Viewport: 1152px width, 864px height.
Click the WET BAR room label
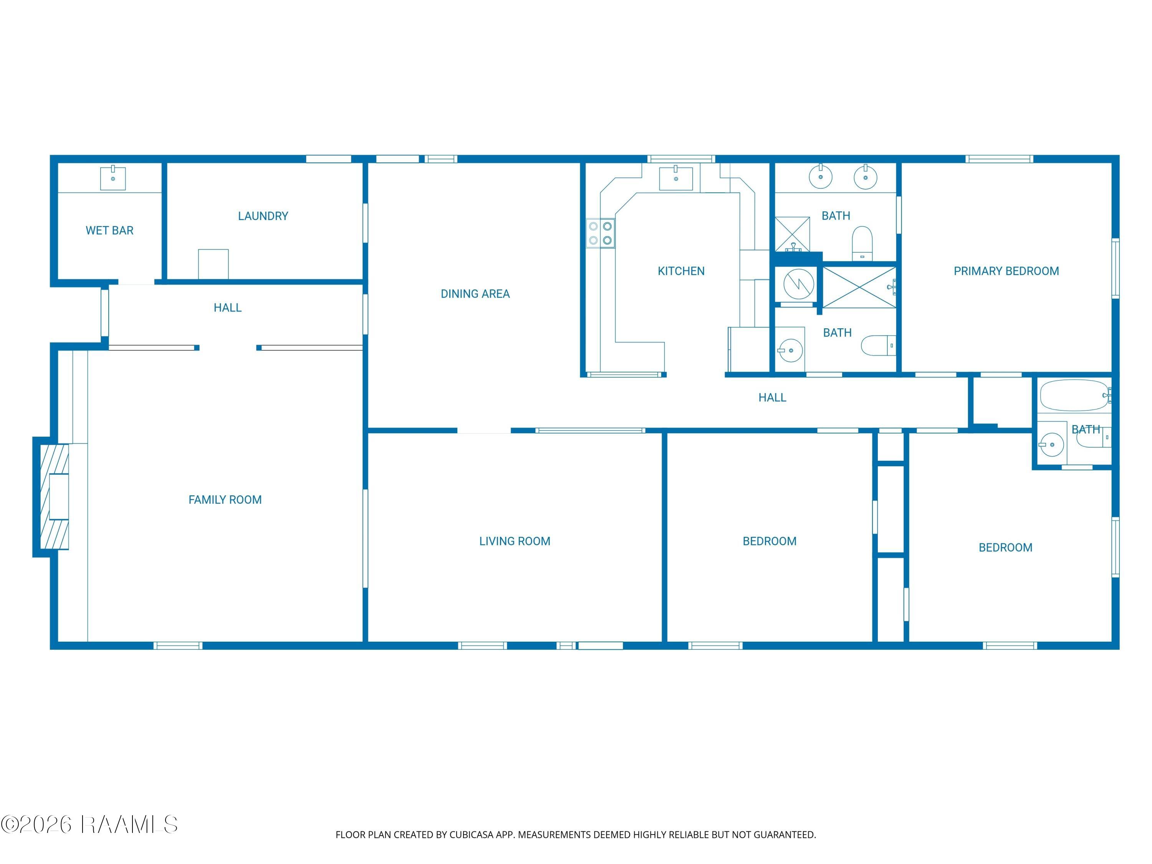pyautogui.click(x=109, y=230)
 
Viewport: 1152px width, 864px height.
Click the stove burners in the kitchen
pyautogui.click(x=601, y=233)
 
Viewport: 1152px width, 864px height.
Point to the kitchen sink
pyautogui.click(x=676, y=178)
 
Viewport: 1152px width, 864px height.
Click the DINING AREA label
pyautogui.click(x=475, y=294)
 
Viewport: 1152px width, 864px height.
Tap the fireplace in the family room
pyautogui.click(x=55, y=496)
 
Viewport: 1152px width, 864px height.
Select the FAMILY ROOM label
pyautogui.click(x=225, y=500)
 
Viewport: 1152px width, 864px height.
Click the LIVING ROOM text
pyautogui.click(x=515, y=541)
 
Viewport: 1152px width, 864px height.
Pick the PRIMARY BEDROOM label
pyautogui.click(x=1006, y=271)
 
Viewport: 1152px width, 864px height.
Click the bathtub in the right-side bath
pyautogui.click(x=1074, y=396)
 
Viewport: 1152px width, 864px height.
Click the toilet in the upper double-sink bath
pyautogui.click(x=862, y=243)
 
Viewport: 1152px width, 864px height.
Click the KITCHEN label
pyautogui.click(x=681, y=271)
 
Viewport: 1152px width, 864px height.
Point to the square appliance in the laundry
pyautogui.click(x=213, y=264)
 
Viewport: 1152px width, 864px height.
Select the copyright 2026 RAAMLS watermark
pyautogui.click(x=89, y=824)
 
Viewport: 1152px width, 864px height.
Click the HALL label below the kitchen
pyautogui.click(x=772, y=398)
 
